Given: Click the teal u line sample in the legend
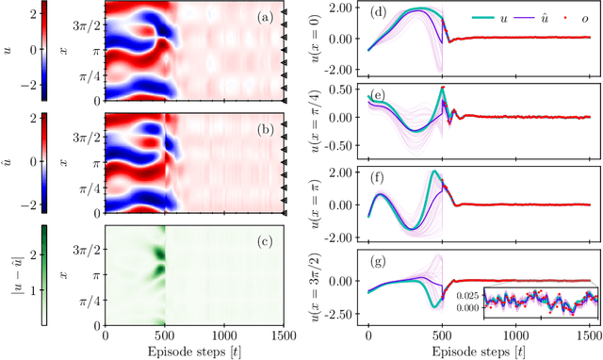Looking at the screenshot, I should coord(485,15).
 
